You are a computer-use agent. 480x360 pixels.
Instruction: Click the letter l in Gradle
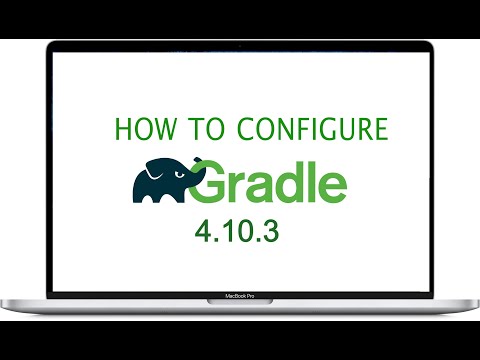[314, 183]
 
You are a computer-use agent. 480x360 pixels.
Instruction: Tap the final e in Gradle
[332, 189]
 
